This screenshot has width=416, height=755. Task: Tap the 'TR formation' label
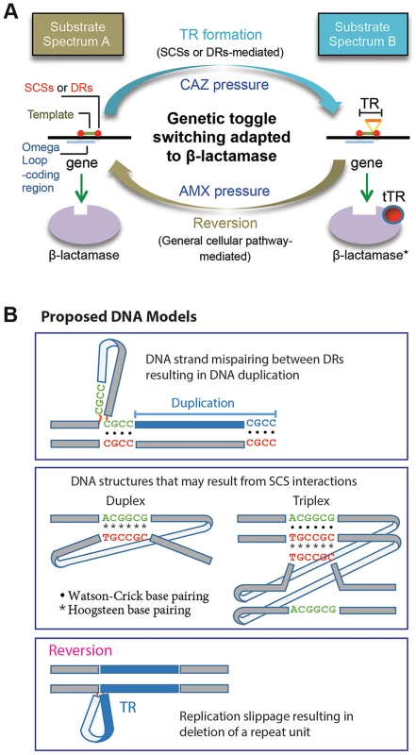[221, 35]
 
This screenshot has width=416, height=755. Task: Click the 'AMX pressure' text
[225, 192]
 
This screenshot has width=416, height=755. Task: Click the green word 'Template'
[51, 114]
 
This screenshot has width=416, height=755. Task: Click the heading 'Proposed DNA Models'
[120, 318]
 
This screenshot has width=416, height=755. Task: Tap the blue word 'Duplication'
[204, 403]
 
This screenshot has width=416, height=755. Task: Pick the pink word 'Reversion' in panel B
[80, 650]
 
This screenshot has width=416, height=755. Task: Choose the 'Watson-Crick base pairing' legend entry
[133, 596]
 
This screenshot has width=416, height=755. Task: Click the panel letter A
[11, 11]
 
